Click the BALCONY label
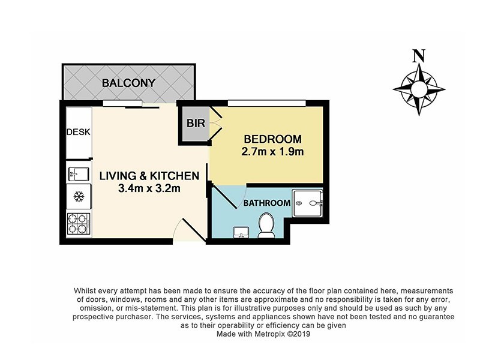(x=128, y=83)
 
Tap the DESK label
(x=78, y=132)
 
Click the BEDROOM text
(x=265, y=139)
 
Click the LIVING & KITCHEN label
(x=149, y=176)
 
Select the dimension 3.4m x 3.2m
(x=149, y=188)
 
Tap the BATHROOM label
(x=266, y=203)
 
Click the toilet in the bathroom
(x=265, y=226)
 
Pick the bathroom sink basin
(x=243, y=232)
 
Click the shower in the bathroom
(x=307, y=203)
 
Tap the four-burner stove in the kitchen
(x=78, y=224)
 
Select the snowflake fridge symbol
(x=78, y=196)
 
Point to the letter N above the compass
(x=419, y=57)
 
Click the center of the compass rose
(x=419, y=89)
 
